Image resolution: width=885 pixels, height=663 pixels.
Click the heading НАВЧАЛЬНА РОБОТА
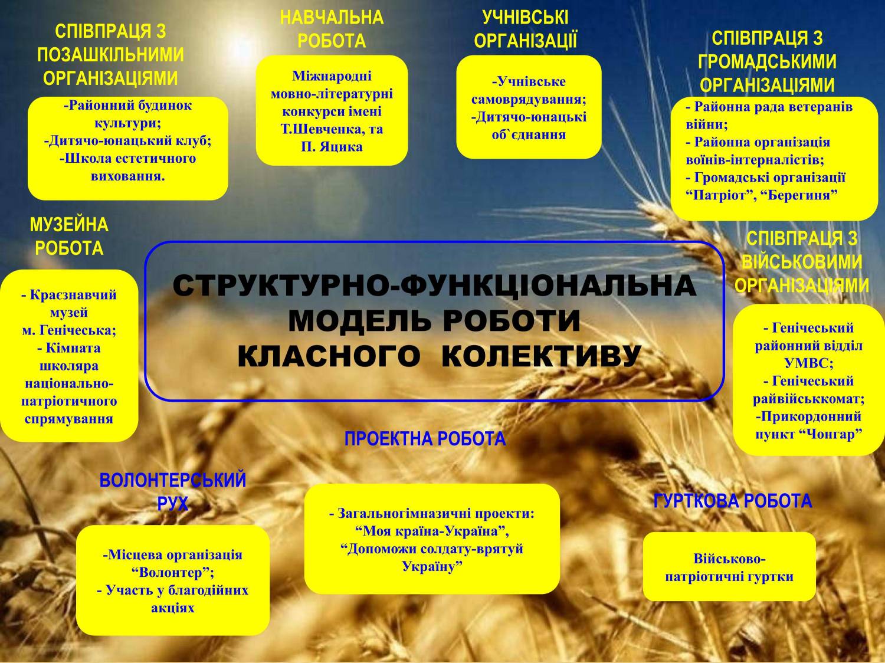click(x=332, y=29)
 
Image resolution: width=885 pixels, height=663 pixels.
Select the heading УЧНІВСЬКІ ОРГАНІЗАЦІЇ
click(x=525, y=29)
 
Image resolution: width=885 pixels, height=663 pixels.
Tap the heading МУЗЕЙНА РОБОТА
click(x=70, y=237)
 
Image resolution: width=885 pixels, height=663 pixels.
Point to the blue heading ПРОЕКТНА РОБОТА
click(x=425, y=438)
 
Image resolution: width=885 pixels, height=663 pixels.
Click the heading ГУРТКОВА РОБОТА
click(x=733, y=501)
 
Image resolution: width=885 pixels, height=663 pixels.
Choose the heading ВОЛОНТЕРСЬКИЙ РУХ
click(x=172, y=492)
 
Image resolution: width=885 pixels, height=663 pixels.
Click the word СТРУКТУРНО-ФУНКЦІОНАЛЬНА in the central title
click(x=435, y=285)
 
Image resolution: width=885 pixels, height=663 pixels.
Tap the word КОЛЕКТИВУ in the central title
click(x=541, y=356)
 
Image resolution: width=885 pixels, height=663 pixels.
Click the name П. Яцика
click(x=332, y=147)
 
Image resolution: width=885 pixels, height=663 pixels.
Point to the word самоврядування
click(x=529, y=100)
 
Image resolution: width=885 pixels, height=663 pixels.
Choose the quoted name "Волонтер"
click(x=173, y=573)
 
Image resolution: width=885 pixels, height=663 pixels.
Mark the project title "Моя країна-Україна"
click(x=432, y=531)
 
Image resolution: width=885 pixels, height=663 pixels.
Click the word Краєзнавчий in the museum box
click(x=73, y=295)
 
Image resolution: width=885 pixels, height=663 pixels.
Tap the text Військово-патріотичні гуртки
click(x=729, y=567)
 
